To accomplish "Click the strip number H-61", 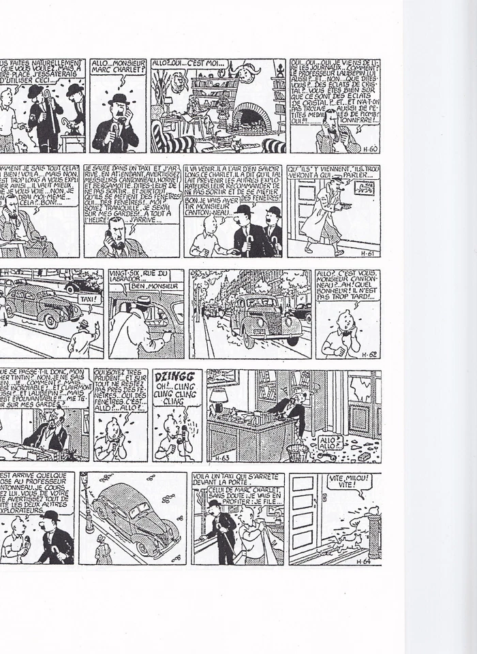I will click(x=369, y=251).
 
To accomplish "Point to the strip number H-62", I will click(x=369, y=353).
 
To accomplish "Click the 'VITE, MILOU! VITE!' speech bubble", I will click(x=348, y=483).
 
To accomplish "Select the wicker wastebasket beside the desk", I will click(x=297, y=450).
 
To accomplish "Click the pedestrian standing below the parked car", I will click(x=104, y=550).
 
